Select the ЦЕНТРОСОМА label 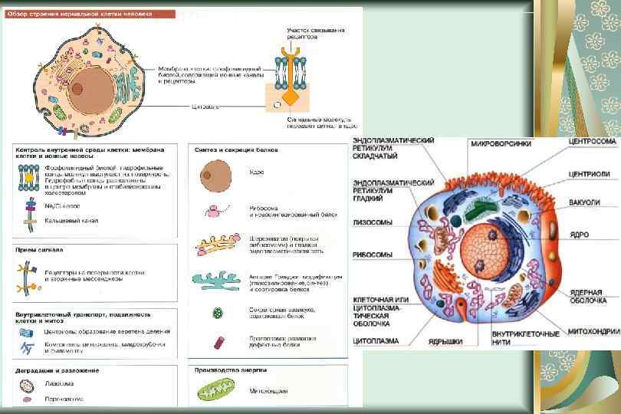coord(593,142)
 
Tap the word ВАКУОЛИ coord(585,203)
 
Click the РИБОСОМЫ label coord(373,255)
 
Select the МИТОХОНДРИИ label coord(593,331)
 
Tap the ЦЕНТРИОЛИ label coord(590,173)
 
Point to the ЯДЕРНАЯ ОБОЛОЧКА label coord(586,297)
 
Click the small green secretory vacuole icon coord(218,313)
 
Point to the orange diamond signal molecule coord(291,98)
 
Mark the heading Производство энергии coord(231,370)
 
